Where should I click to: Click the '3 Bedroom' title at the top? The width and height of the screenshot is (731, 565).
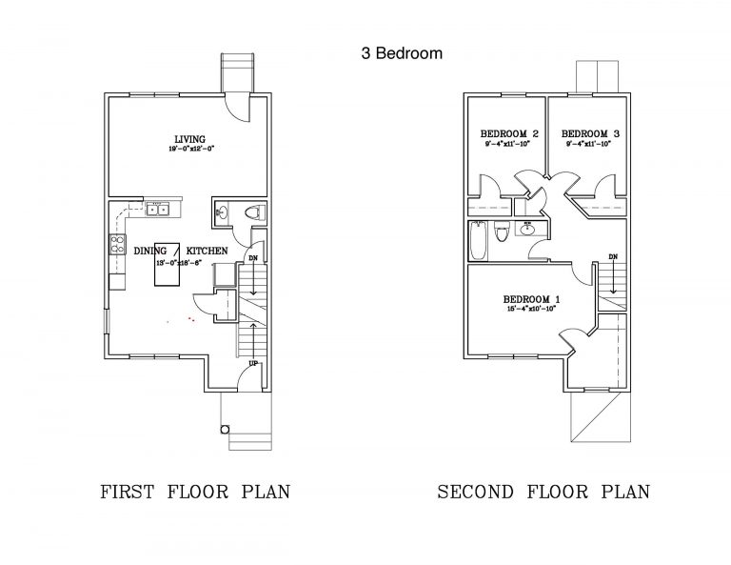(401, 53)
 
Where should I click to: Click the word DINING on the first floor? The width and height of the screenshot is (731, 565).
(150, 250)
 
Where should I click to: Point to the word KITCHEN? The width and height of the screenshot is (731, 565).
(207, 250)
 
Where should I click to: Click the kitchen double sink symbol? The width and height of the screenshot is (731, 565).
(158, 209)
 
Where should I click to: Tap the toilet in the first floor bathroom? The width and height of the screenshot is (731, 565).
(250, 212)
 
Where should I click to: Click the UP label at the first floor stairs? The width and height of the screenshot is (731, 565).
(252, 364)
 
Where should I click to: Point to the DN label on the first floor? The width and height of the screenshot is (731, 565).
(252, 258)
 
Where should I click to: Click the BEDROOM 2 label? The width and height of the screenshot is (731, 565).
(510, 133)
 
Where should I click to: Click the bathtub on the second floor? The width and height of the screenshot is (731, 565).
(478, 240)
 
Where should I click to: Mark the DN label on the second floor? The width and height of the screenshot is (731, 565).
(613, 257)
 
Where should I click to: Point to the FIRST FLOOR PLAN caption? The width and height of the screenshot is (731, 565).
(194, 493)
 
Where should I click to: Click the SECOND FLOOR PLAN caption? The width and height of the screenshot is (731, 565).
(543, 493)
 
